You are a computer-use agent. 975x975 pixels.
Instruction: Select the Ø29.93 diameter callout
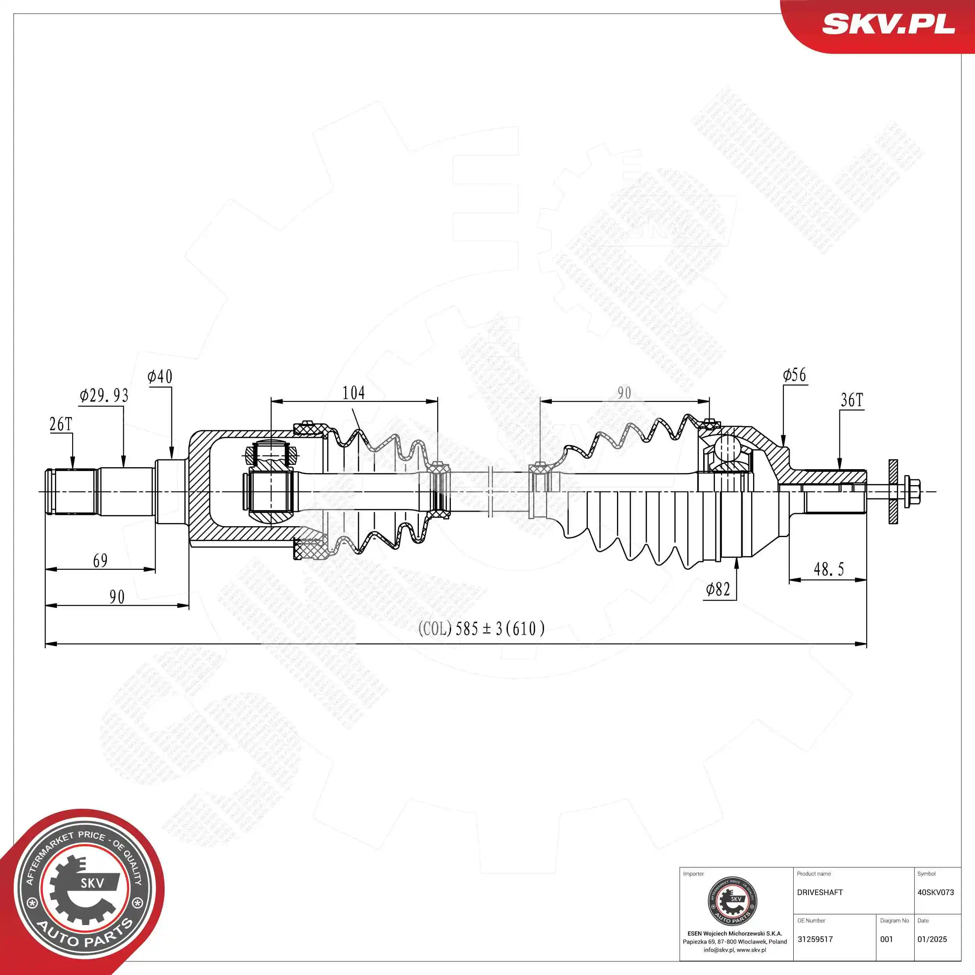[x=104, y=395]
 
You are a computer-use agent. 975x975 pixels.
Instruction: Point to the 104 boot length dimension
[x=353, y=393]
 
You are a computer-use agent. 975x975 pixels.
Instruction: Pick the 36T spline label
[x=852, y=401]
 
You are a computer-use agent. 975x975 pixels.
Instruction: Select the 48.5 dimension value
[x=829, y=570]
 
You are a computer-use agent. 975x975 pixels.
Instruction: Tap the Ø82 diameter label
[x=718, y=589]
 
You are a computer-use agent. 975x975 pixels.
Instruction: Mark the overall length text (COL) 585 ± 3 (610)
[x=481, y=629]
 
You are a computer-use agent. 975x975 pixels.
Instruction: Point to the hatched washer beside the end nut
[x=893, y=491]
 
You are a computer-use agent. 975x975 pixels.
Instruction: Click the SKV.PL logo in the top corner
[x=888, y=24]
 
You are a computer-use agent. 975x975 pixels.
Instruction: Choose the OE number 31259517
[x=815, y=939]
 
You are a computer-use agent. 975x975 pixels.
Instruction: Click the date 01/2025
[x=932, y=939]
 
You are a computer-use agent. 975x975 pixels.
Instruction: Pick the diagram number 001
[x=886, y=939]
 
